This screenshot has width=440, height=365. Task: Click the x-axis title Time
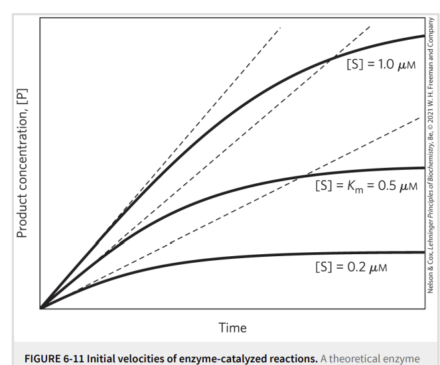pos(232,328)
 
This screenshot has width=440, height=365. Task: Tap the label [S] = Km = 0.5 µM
pos(366,185)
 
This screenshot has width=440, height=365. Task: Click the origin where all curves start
pos(40,309)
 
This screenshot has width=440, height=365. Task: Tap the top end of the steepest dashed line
pos(281,27)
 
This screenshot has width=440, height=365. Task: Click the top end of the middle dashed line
pos(370,25)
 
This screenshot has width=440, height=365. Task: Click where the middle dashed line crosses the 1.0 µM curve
pos(329,61)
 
